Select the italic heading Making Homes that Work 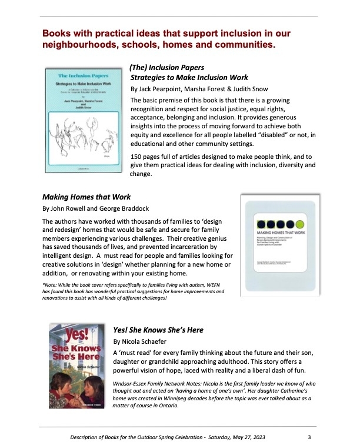[x=86, y=197]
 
